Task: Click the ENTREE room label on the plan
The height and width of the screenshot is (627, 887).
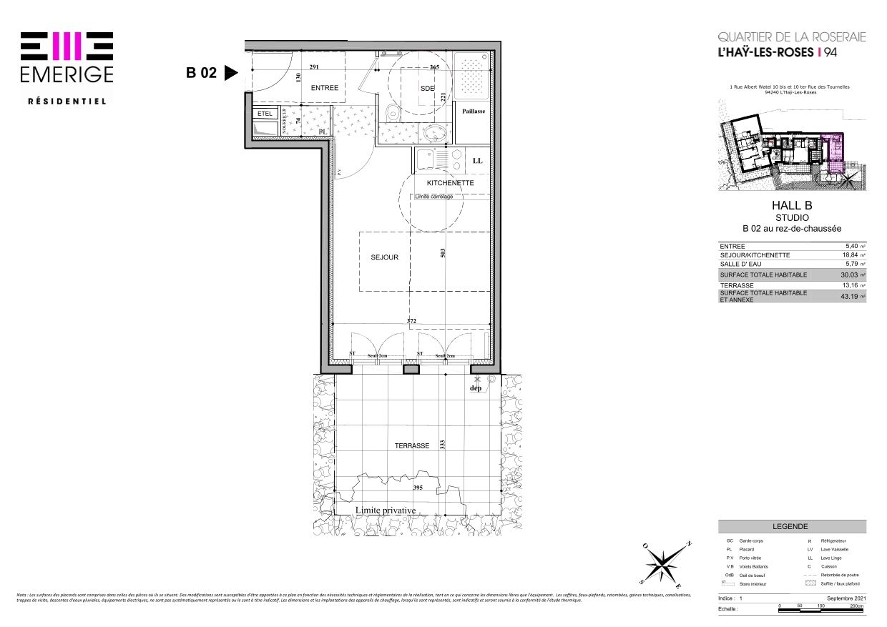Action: point(324,88)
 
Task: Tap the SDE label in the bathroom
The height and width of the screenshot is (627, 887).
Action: point(428,88)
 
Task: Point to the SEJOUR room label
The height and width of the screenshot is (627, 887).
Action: point(384,257)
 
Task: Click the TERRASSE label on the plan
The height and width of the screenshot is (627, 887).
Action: point(412,445)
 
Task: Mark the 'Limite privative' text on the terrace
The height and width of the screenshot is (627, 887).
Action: point(386,510)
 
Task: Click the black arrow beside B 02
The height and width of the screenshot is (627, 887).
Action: point(230,73)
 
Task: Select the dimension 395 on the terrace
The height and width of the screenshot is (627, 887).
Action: point(418,488)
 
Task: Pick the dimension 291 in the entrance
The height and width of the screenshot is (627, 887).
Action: point(314,67)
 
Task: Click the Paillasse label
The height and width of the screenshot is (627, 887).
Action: point(474,112)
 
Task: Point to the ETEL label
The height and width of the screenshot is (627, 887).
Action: point(265,114)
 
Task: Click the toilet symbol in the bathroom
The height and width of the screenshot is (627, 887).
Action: point(392,113)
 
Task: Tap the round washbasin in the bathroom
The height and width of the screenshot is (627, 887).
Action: point(433,133)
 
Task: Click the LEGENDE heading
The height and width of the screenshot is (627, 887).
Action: point(790,525)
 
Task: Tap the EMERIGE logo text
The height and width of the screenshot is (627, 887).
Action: point(67,74)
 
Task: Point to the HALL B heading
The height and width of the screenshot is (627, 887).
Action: point(793,205)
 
